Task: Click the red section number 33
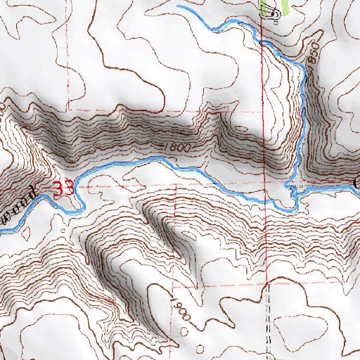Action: (x=64, y=188)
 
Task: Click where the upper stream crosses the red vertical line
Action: (x=262, y=39)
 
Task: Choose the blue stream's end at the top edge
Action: (x=178, y=6)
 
